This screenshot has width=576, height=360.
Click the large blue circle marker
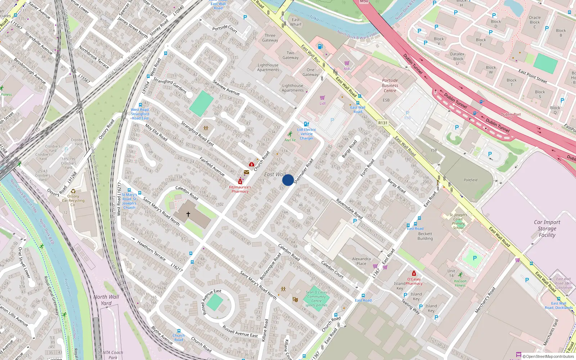288,180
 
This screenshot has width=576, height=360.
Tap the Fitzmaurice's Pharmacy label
240,189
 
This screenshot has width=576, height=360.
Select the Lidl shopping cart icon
322,98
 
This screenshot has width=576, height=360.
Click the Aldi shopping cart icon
347,63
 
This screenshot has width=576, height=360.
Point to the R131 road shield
383,123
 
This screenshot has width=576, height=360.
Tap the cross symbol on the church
188,214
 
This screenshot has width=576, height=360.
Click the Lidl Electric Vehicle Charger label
307,134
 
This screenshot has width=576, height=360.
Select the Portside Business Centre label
390,86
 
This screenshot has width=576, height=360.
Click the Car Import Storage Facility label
547,229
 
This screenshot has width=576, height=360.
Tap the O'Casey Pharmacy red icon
414,274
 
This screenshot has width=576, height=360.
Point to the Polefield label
471,180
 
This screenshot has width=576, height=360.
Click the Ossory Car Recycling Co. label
73,201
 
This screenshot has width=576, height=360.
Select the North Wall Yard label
106,300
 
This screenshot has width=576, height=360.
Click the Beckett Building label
425,236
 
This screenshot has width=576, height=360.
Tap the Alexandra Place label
361,261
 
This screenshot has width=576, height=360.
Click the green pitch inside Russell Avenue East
215,302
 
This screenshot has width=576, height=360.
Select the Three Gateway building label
270,38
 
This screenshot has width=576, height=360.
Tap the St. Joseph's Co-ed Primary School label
458,221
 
